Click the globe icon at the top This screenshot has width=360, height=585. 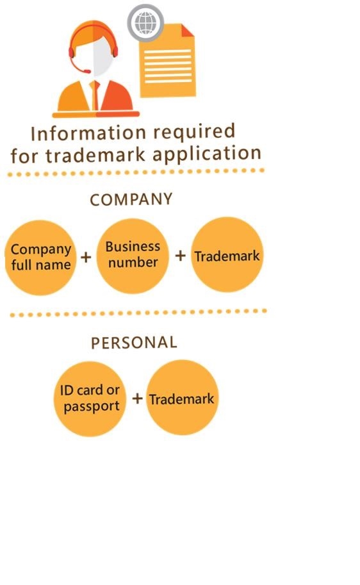[145, 22]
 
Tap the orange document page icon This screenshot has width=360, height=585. [167, 60]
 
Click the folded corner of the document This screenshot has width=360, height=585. [188, 31]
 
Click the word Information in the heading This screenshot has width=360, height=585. [88, 133]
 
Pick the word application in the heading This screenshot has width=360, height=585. [207, 154]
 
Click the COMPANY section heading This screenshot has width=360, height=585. [131, 199]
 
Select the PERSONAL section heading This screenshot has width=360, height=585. [134, 343]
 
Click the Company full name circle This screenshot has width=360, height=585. [40, 258]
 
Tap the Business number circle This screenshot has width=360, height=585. [133, 256]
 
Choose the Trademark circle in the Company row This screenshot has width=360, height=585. [227, 254]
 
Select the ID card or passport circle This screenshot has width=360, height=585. [90, 399]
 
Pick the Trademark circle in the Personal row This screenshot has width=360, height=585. [182, 397]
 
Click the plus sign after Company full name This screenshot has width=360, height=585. [86, 257]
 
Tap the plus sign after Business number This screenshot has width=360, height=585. [181, 256]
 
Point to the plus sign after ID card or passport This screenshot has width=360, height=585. [137, 399]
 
